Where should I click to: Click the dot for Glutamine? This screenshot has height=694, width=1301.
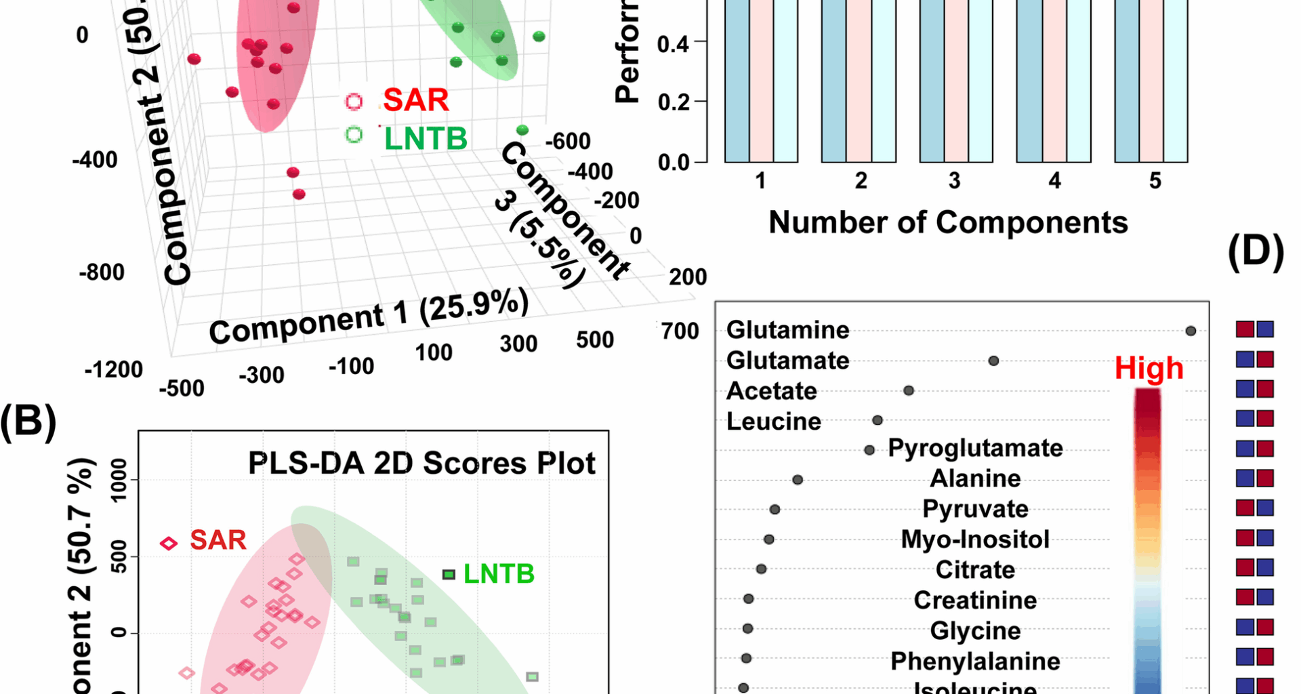click(1191, 331)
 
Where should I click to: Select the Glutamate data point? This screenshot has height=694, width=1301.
click(993, 361)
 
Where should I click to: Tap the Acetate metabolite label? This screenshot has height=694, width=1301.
click(771, 391)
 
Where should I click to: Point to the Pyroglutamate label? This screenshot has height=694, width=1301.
click(975, 448)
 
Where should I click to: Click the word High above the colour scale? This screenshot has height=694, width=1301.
click(1149, 368)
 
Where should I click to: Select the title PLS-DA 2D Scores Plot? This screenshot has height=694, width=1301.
click(421, 464)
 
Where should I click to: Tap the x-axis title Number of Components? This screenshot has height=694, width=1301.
click(948, 222)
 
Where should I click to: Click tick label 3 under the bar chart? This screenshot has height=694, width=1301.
click(954, 181)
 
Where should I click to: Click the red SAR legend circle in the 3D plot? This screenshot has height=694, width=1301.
click(354, 102)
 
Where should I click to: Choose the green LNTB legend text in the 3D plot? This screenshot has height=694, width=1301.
click(426, 139)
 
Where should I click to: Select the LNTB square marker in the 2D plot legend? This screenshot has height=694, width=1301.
click(449, 575)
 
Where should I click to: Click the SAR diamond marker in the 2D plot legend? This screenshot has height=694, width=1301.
click(169, 543)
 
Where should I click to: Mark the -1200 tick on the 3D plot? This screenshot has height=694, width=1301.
click(113, 370)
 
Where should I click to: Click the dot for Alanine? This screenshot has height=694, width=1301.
click(798, 480)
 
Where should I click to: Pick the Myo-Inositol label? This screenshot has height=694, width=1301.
click(975, 539)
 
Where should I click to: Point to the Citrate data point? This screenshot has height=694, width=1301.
click(761, 569)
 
